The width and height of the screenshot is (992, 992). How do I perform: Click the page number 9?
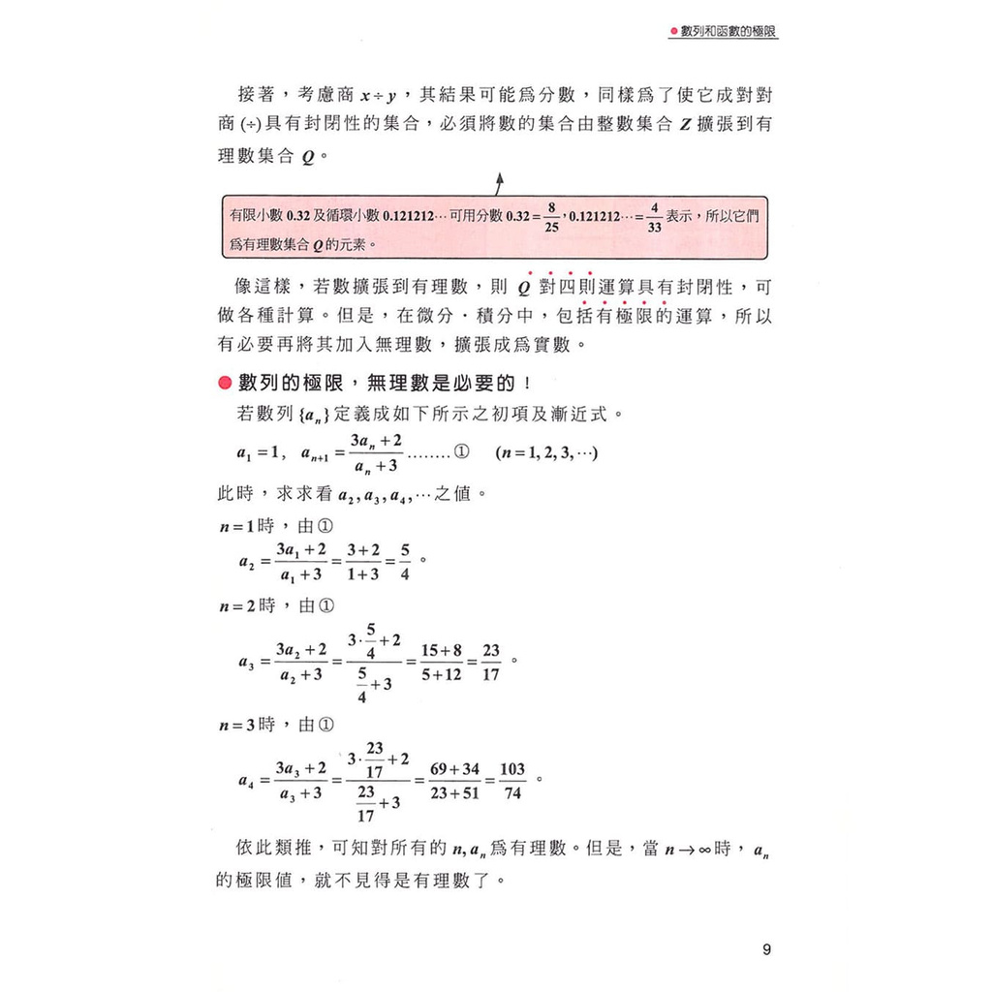(x=766, y=949)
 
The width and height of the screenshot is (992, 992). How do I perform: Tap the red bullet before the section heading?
(x=225, y=384)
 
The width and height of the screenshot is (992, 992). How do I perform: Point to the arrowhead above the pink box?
(x=500, y=179)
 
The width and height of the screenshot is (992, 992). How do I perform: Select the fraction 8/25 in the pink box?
(x=550, y=215)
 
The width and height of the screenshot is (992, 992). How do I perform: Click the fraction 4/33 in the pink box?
(x=655, y=215)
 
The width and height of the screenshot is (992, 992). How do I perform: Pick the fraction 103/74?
(x=512, y=781)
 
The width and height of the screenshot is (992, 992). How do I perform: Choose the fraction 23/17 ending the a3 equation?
(x=490, y=663)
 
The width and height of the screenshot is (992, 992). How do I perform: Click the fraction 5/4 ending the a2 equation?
(x=403, y=562)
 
